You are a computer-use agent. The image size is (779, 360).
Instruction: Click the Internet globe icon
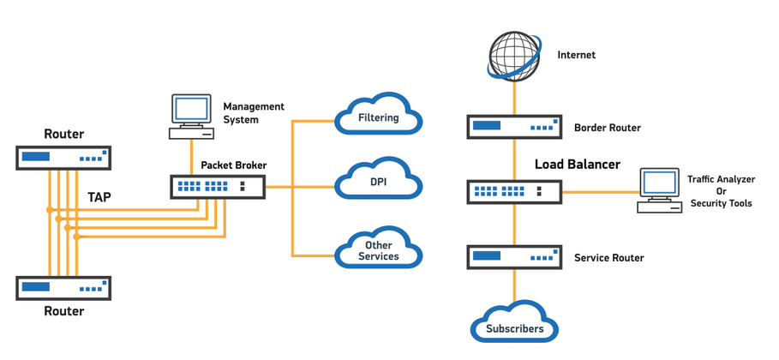514,54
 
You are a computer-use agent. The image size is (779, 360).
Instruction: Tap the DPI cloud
378,181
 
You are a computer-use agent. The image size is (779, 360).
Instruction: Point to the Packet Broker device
218,186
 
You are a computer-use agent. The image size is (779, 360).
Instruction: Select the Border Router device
514,127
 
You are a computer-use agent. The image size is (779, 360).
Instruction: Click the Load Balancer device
514,191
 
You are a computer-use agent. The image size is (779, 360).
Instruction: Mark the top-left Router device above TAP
63,158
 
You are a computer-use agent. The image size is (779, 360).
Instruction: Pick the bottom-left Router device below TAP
63,287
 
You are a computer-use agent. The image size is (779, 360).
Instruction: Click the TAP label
99,197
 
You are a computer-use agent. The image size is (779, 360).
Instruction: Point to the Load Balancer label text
577,164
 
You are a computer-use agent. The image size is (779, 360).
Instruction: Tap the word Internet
576,55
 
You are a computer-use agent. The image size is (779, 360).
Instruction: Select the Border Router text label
607,129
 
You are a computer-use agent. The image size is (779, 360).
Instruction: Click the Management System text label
253,113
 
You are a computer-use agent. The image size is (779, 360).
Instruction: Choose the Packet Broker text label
234,165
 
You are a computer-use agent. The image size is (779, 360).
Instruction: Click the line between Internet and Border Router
514,97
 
